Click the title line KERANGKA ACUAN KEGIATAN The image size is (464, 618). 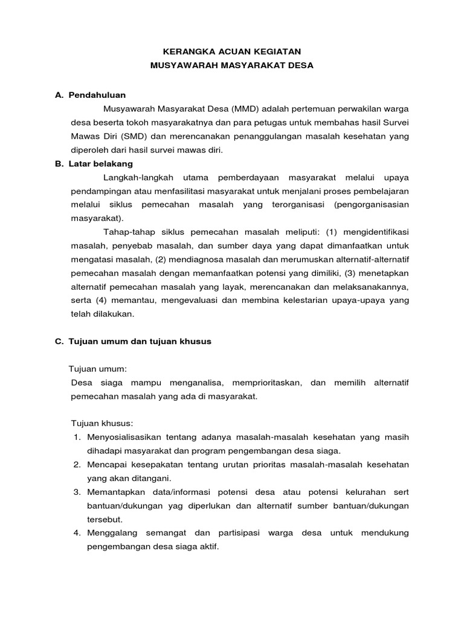click(x=232, y=52)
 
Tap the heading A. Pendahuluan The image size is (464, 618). click(x=90, y=95)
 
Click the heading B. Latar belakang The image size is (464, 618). click(x=94, y=164)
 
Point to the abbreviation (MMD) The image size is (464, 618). click(x=244, y=109)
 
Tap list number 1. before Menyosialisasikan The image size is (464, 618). click(x=77, y=436)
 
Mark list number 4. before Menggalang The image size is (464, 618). click(x=77, y=533)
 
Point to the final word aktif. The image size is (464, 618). click(x=207, y=547)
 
